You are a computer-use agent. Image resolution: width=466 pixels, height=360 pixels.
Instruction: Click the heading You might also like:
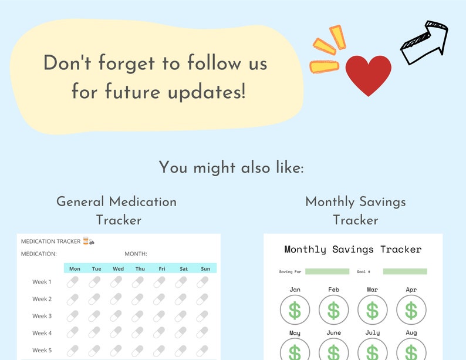pyautogui.click(x=232, y=167)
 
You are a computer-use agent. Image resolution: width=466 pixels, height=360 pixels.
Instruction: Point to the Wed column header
pyautogui.click(x=118, y=269)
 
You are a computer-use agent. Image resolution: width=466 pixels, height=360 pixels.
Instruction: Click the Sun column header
pyautogui.click(x=205, y=269)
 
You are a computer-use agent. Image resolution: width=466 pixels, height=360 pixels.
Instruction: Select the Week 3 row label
pyautogui.click(x=42, y=316)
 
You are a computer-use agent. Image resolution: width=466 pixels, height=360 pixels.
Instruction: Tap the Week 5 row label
pyautogui.click(x=42, y=350)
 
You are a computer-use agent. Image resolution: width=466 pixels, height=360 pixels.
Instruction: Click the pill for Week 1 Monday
pyautogui.click(x=73, y=282)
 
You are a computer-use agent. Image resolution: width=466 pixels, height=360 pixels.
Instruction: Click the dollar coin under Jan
pyautogui.click(x=295, y=310)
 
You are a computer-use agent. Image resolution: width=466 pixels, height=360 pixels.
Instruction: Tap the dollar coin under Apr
pyautogui.click(x=411, y=310)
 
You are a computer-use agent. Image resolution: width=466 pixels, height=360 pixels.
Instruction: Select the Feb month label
pyautogui.click(x=333, y=290)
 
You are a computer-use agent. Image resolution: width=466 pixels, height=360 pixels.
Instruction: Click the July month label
pyautogui.click(x=372, y=333)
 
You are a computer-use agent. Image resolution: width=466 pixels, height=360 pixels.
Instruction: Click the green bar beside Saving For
pyautogui.click(x=326, y=271)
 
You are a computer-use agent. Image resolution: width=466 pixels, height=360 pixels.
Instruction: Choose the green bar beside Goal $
pyautogui.click(x=405, y=271)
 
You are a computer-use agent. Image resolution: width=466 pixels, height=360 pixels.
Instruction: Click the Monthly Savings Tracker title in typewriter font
pyautogui.click(x=353, y=250)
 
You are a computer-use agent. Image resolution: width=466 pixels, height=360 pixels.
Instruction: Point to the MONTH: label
pyautogui.click(x=136, y=254)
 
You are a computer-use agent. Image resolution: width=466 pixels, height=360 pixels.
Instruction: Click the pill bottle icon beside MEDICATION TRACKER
pyautogui.click(x=86, y=241)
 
